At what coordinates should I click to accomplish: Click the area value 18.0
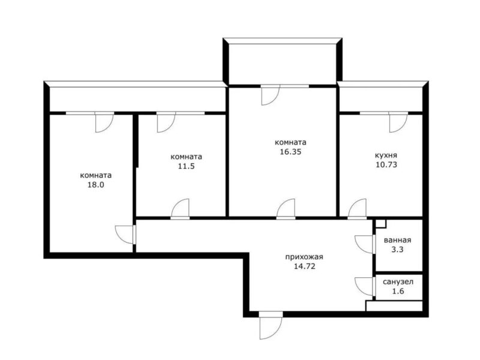[x=96, y=185]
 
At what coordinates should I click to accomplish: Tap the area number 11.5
[x=187, y=166]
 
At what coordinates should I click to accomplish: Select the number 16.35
[x=290, y=152]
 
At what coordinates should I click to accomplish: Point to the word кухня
[x=386, y=155]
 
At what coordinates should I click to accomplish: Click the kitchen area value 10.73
[x=386, y=164]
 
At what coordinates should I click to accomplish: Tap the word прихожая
[x=304, y=257]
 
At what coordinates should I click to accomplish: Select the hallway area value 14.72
[x=305, y=266]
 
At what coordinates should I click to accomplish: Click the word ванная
[x=397, y=240]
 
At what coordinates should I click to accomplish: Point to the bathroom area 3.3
[x=397, y=250]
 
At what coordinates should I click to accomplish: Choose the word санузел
[x=398, y=281]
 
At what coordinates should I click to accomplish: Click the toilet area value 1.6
[x=398, y=291]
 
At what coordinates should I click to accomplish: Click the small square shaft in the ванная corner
[x=381, y=224]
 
